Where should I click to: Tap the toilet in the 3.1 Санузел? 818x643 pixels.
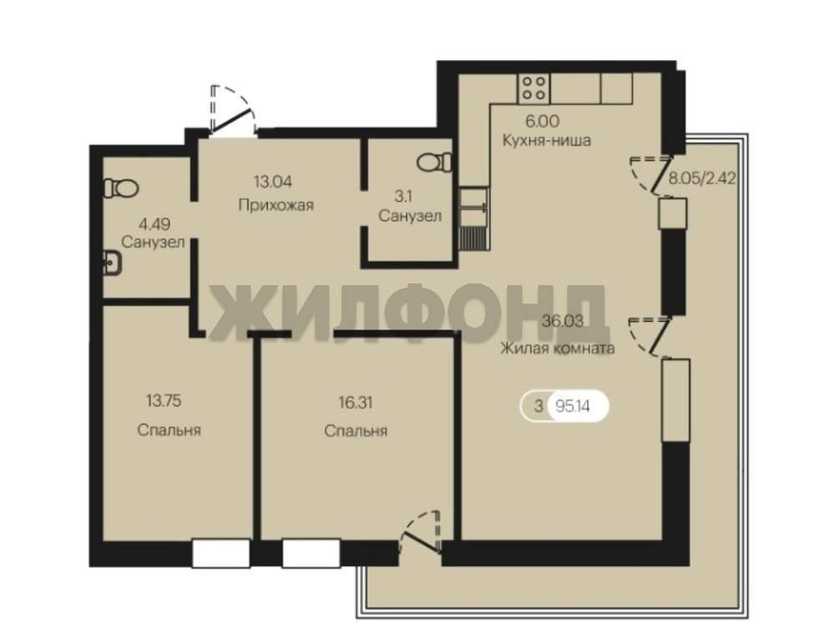(x=434, y=161)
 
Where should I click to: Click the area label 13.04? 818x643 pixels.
(x=273, y=181)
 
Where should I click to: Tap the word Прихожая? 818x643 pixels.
(x=276, y=205)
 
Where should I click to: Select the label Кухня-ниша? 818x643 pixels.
(x=546, y=140)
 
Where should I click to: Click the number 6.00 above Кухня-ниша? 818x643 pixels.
(x=542, y=121)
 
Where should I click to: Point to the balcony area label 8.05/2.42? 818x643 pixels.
(x=702, y=178)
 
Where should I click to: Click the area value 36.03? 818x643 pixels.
(x=562, y=321)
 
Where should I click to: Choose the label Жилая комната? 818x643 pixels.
(x=557, y=348)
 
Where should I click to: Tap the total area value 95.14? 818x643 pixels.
(x=573, y=406)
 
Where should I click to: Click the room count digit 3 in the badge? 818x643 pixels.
(x=538, y=406)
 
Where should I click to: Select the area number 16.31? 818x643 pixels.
(x=355, y=403)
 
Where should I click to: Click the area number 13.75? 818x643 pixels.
(x=164, y=401)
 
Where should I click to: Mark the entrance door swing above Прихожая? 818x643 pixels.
(x=232, y=110)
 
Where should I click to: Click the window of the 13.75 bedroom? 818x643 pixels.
(x=221, y=554)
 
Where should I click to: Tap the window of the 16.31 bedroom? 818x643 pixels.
(x=312, y=554)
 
